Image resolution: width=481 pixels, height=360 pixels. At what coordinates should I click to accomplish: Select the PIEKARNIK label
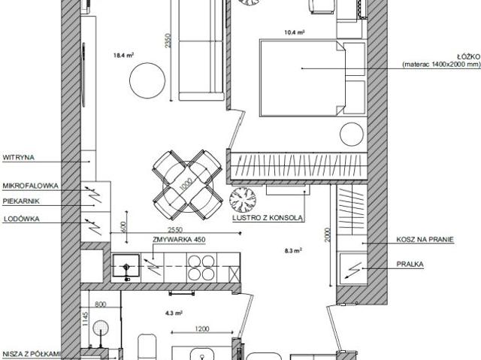20,201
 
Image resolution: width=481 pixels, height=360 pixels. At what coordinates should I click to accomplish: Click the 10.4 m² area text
295,32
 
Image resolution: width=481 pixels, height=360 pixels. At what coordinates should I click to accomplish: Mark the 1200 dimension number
202,328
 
